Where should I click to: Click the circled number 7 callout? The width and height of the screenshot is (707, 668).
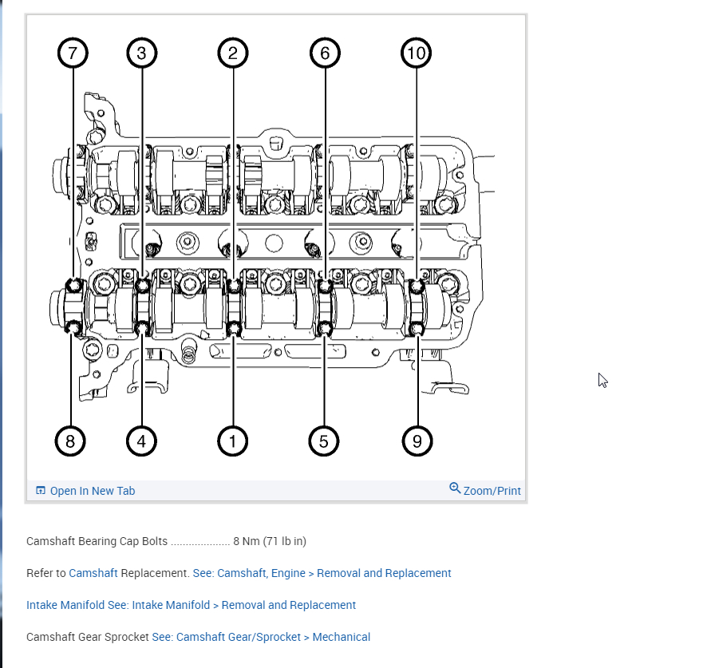pyautogui.click(x=73, y=53)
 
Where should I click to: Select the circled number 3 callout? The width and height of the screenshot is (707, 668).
pyautogui.click(x=141, y=53)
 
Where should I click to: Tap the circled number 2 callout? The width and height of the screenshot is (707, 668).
pyautogui.click(x=232, y=53)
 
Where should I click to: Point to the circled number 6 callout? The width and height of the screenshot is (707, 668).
pyautogui.click(x=325, y=53)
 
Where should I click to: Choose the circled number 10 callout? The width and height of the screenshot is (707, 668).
pyautogui.click(x=417, y=53)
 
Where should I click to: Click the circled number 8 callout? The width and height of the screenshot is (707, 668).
pyautogui.click(x=70, y=441)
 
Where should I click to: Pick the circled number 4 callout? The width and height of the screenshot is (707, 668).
pyautogui.click(x=141, y=441)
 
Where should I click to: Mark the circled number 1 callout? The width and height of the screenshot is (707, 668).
pyautogui.click(x=232, y=441)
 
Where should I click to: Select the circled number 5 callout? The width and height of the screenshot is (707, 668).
pyautogui.click(x=324, y=441)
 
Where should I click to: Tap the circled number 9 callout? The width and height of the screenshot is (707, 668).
pyautogui.click(x=417, y=441)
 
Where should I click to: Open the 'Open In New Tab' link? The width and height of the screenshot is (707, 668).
pyautogui.click(x=93, y=491)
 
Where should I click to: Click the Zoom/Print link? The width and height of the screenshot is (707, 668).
pyautogui.click(x=492, y=491)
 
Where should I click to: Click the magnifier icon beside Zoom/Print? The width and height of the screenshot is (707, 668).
pyautogui.click(x=455, y=488)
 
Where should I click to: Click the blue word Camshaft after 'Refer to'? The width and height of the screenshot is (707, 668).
pyautogui.click(x=93, y=573)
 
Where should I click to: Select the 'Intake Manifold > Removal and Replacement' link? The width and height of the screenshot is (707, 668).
pyautogui.click(x=243, y=605)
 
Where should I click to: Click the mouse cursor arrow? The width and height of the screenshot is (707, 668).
pyautogui.click(x=602, y=380)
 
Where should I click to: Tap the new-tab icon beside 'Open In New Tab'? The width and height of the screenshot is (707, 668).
pyautogui.click(x=41, y=490)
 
